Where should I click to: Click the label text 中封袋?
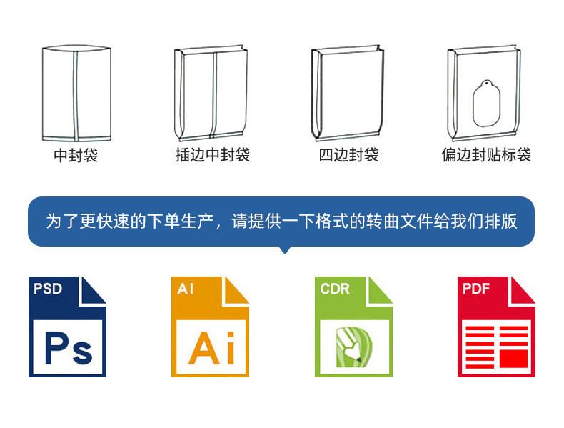point(75,155)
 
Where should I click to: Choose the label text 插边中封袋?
point(213,155)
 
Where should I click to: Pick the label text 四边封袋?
point(348,155)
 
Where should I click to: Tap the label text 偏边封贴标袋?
point(486,155)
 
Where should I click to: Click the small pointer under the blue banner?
point(285,249)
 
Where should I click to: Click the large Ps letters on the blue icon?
point(68,348)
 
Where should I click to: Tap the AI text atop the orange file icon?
point(185,289)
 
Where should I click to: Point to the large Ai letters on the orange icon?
point(211,348)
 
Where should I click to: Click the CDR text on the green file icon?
point(335,289)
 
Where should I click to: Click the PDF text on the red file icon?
point(477,289)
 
